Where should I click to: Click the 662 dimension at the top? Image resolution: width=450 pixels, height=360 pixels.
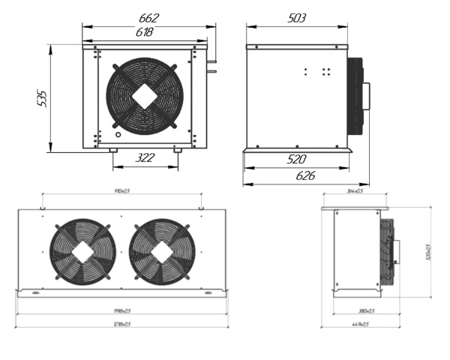(146, 18)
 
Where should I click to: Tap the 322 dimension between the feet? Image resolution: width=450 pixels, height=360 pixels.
(145, 157)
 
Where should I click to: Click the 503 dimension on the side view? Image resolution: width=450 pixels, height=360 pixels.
(297, 18)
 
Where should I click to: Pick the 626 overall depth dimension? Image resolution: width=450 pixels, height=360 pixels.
(305, 175)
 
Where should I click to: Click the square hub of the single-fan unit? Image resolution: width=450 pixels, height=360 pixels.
(145, 94)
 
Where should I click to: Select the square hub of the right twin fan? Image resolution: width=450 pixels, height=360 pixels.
(161, 252)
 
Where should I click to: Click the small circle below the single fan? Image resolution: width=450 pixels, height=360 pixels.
(118, 136)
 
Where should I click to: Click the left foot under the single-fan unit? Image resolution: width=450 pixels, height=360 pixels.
(112, 151)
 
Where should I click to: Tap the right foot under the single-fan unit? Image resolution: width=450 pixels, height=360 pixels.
(178, 151)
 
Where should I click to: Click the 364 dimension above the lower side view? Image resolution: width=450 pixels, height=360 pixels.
(355, 192)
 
